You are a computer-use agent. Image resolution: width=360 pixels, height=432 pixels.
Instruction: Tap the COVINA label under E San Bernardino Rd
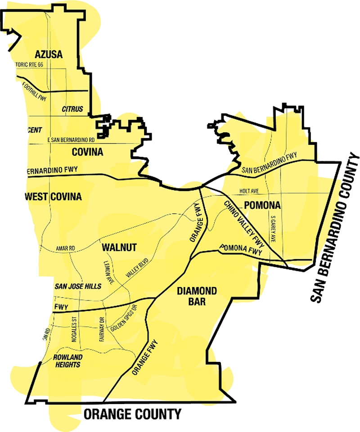click(x=87, y=152)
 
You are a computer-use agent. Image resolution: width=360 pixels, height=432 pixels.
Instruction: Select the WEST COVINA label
click(x=53, y=197)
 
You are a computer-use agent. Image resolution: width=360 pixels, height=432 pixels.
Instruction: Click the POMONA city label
click(x=262, y=206)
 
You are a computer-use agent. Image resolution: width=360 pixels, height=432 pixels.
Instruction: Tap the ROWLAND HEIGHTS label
click(x=67, y=360)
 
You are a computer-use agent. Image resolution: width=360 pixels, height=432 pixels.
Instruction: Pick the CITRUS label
click(x=72, y=109)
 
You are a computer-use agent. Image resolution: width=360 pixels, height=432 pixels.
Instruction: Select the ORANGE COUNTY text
click(x=132, y=414)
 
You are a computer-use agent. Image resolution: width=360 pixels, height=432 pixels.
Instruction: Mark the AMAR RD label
click(x=65, y=248)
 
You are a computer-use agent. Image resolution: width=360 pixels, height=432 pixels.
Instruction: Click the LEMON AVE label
click(x=109, y=273)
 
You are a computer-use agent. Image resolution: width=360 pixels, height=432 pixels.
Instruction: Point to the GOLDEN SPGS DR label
click(x=126, y=321)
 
